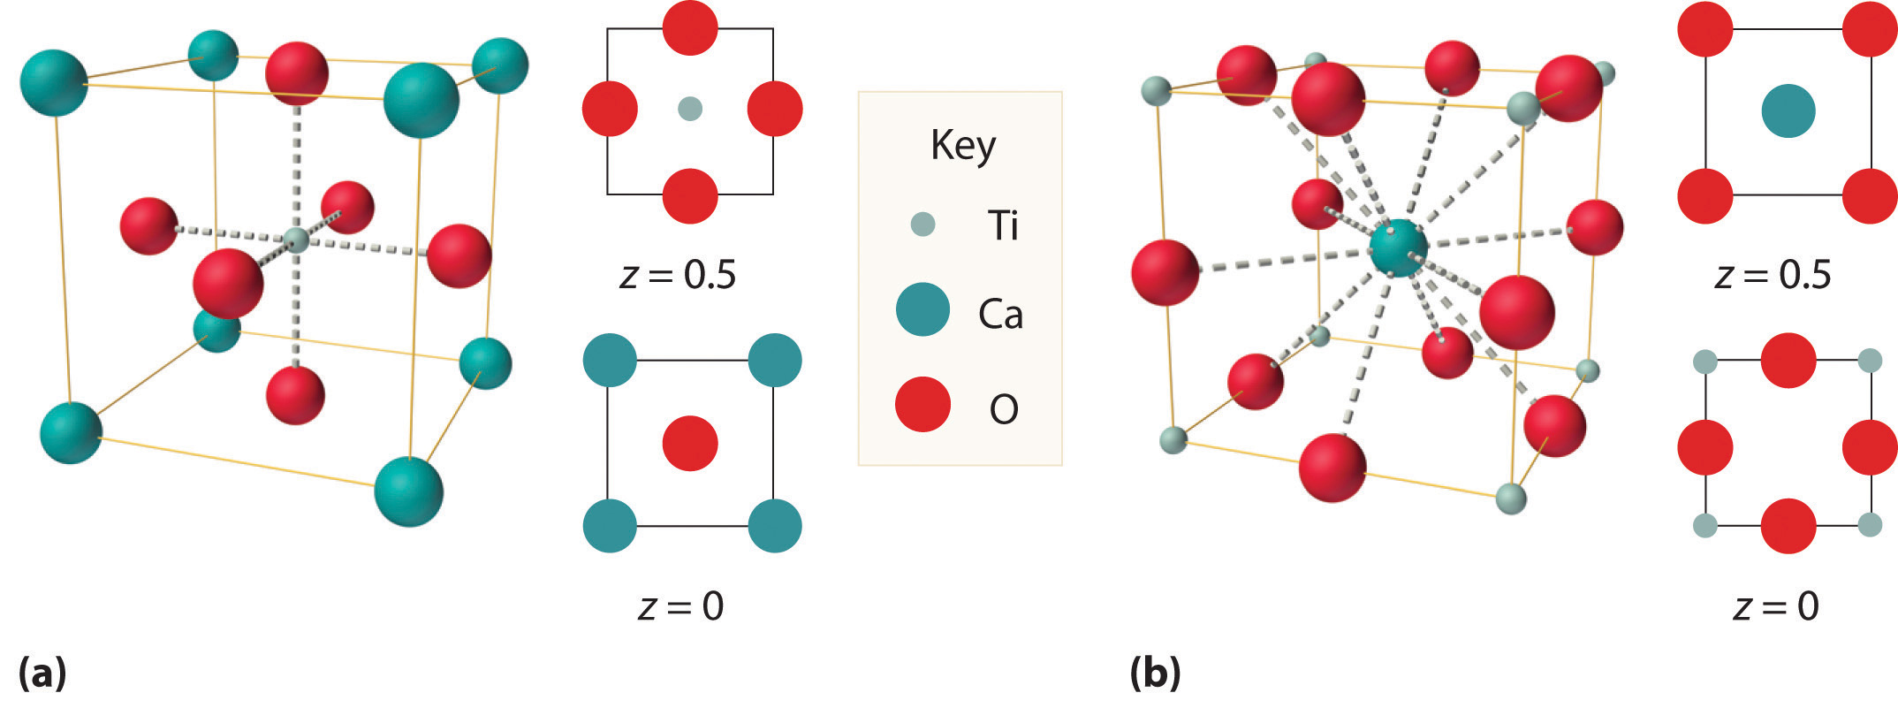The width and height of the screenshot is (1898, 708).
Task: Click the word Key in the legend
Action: point(962,146)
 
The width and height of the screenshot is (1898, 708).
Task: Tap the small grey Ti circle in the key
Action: point(922,225)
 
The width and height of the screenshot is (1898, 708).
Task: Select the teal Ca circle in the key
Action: point(922,310)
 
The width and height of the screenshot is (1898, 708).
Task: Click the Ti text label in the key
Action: point(1003,226)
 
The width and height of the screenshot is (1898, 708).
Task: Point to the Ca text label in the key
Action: point(1000,314)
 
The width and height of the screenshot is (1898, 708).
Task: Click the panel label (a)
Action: point(42,674)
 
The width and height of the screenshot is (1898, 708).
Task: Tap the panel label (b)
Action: point(1155,674)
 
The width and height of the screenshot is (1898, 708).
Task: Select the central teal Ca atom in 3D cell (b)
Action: point(1398,248)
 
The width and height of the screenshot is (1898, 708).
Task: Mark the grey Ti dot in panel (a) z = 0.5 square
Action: point(689,109)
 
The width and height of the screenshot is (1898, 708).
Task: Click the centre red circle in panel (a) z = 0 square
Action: point(689,443)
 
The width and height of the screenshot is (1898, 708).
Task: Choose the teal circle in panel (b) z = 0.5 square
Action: point(1788,111)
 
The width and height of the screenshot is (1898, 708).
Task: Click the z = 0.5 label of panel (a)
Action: point(678,275)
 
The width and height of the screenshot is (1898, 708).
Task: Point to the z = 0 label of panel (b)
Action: point(1776,606)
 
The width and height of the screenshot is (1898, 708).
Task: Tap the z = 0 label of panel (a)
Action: point(680,606)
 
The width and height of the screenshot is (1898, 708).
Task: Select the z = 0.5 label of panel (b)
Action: point(1773,275)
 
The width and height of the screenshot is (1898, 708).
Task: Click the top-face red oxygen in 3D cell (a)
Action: point(297,72)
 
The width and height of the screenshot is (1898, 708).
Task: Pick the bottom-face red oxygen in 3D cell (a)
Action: point(295,395)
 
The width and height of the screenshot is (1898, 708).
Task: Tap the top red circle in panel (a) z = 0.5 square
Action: point(689,27)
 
